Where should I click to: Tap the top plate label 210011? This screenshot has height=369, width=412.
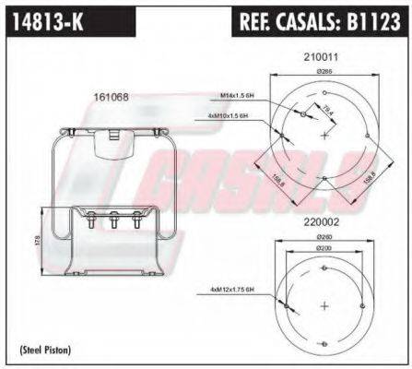click(322, 56)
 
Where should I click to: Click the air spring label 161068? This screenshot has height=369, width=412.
click(111, 96)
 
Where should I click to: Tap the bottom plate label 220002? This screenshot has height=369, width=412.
click(323, 220)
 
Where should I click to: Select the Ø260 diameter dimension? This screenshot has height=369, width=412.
click(323, 236)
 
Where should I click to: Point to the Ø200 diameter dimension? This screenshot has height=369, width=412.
click(323, 249)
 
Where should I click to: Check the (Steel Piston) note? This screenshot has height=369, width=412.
click(45, 350)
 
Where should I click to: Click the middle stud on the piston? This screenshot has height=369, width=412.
click(112, 222)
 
